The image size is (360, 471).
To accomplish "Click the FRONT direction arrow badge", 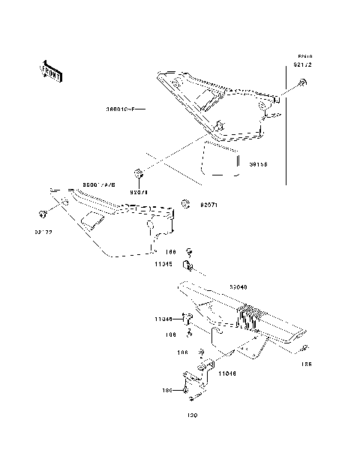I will [x=51, y=70].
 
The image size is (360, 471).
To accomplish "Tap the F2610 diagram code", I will [x=303, y=57].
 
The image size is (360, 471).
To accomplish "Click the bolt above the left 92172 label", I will [x=42, y=214].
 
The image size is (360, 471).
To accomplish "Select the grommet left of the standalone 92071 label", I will [x=187, y=203].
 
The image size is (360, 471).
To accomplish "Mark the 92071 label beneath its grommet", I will [x=140, y=193].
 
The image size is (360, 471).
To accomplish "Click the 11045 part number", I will [x=165, y=264].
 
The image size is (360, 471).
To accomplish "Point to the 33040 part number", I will [x=239, y=286].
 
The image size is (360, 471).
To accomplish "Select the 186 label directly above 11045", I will [x=171, y=253].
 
